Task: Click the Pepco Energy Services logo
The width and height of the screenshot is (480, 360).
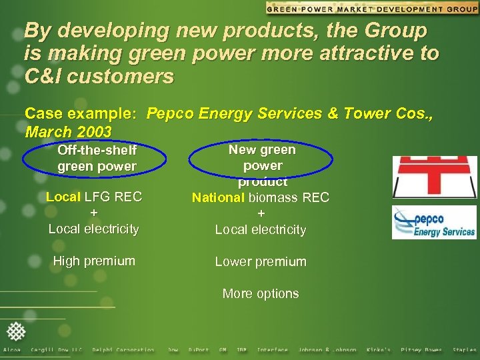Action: tap(434, 222)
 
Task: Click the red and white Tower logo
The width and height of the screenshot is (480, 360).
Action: tap(434, 177)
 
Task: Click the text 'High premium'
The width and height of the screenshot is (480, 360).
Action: tap(94, 261)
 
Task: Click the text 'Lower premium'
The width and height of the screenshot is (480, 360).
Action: tap(261, 262)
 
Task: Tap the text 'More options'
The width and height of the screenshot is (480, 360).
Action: tap(261, 294)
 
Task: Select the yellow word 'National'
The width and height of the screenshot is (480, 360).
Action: tap(219, 198)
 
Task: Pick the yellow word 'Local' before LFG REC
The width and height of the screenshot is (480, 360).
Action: tap(63, 197)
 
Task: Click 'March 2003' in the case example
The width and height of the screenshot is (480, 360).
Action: tap(67, 131)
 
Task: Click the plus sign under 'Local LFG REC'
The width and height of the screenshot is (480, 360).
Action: tap(94, 213)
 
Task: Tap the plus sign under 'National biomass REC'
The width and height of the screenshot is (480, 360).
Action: tap(261, 214)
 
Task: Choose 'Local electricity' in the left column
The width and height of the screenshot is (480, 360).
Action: tap(94, 229)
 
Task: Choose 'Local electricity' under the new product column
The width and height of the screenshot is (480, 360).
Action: tap(261, 230)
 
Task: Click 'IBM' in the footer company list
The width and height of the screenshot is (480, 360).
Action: tap(241, 350)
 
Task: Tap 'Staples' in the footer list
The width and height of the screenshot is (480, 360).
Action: tap(464, 350)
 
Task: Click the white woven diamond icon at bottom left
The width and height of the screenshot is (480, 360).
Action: tap(15, 331)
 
